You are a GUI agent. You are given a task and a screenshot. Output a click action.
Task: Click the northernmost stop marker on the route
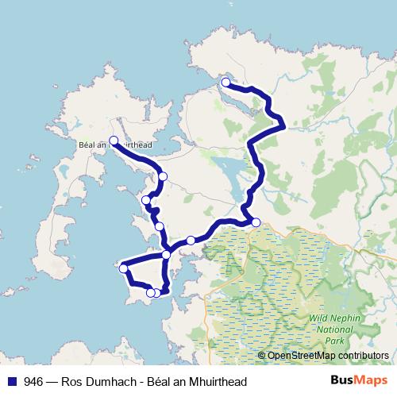pos(225,83)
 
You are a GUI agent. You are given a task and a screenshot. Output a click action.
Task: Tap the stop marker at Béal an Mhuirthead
pos(114,141)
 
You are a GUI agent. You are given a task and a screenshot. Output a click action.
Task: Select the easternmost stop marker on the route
pos(256,222)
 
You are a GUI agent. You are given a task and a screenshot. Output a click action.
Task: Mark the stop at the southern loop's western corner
pos(124,268)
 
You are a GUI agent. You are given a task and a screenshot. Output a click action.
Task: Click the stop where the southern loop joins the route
pos(166,255)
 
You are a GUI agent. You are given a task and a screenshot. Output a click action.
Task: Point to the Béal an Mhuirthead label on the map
pos(116,145)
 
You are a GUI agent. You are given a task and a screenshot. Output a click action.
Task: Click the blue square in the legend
pos(12,381)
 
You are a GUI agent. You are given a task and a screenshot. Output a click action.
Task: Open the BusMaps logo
pos(360,381)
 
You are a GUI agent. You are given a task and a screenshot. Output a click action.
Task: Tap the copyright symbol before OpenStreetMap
pos(261,356)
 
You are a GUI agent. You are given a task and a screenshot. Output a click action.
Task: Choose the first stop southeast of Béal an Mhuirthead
pos(163,176)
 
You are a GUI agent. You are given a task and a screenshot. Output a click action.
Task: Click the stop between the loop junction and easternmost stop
pos(191,240)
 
